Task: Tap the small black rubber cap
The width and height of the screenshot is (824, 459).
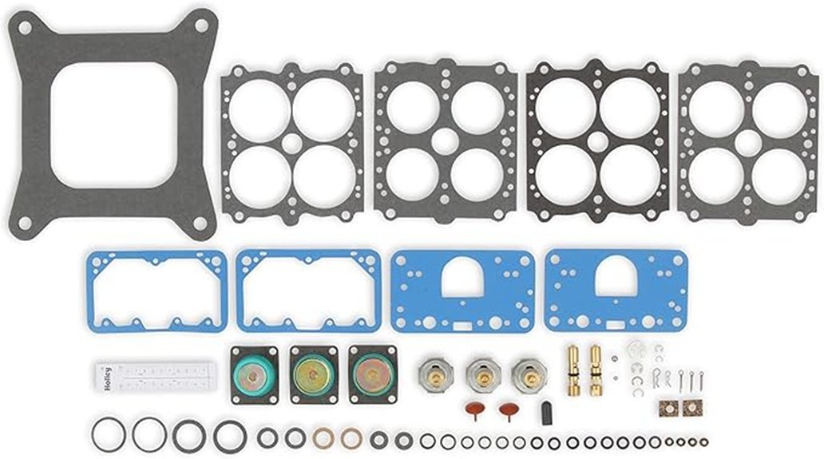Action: coord(547,413)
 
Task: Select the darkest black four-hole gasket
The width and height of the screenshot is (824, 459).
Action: coord(597,143)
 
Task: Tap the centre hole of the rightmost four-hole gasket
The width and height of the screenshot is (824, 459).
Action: coord(748,143)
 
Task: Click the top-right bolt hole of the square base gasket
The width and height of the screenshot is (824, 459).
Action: coord(200,26)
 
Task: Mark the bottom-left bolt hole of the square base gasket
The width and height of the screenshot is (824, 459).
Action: coord(26,223)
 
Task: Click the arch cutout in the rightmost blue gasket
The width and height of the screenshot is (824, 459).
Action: coord(616,277)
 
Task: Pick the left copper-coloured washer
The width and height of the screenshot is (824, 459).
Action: coord(323,438)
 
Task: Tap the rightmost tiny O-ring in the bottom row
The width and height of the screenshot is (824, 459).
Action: coord(703,441)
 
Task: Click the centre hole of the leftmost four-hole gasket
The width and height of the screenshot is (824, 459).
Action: coord(292,143)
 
